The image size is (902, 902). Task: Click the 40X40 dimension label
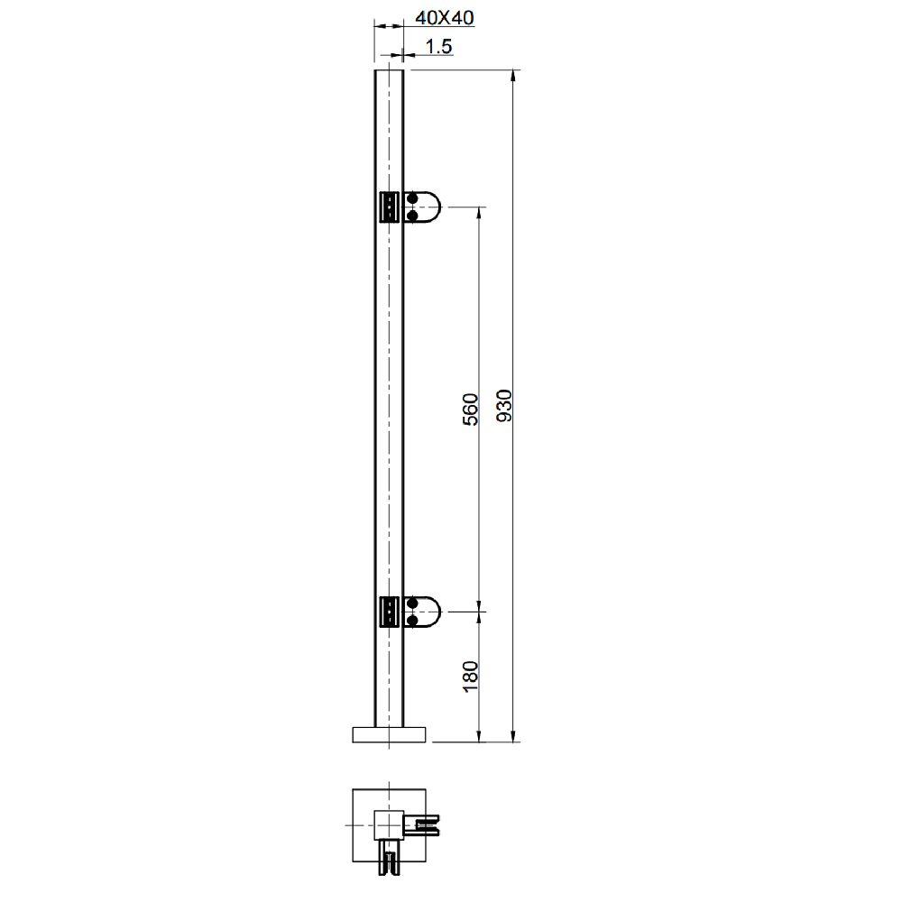click(x=445, y=18)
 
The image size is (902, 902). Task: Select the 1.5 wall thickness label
click(x=438, y=47)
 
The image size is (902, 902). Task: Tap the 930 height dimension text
click(x=504, y=406)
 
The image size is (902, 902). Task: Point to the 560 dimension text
click(x=470, y=410)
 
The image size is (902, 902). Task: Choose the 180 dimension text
click(x=470, y=677)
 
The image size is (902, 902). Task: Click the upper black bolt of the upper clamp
click(x=412, y=199)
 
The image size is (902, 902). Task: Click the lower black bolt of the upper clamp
click(x=412, y=216)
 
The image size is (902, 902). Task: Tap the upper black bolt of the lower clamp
click(x=412, y=603)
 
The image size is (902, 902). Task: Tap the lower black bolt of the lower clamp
click(x=412, y=621)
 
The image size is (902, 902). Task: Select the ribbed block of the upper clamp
click(x=390, y=207)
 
